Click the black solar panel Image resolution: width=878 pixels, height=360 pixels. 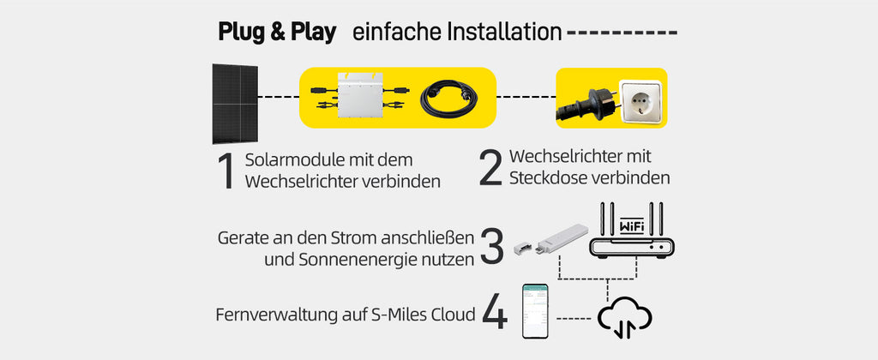tap(235, 104)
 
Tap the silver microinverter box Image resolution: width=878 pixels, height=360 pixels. tap(361, 94)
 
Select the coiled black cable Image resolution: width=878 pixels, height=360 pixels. tap(446, 99)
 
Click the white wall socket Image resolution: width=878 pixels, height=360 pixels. tap(640, 102)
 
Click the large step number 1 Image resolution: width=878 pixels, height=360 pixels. tap(226, 171)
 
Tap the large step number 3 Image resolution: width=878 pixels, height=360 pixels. tap(491, 246)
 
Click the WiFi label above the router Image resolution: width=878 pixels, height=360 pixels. tap(631, 227)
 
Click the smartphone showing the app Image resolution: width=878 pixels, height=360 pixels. tap(535, 311)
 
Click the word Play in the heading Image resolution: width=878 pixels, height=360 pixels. tap(313, 33)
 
